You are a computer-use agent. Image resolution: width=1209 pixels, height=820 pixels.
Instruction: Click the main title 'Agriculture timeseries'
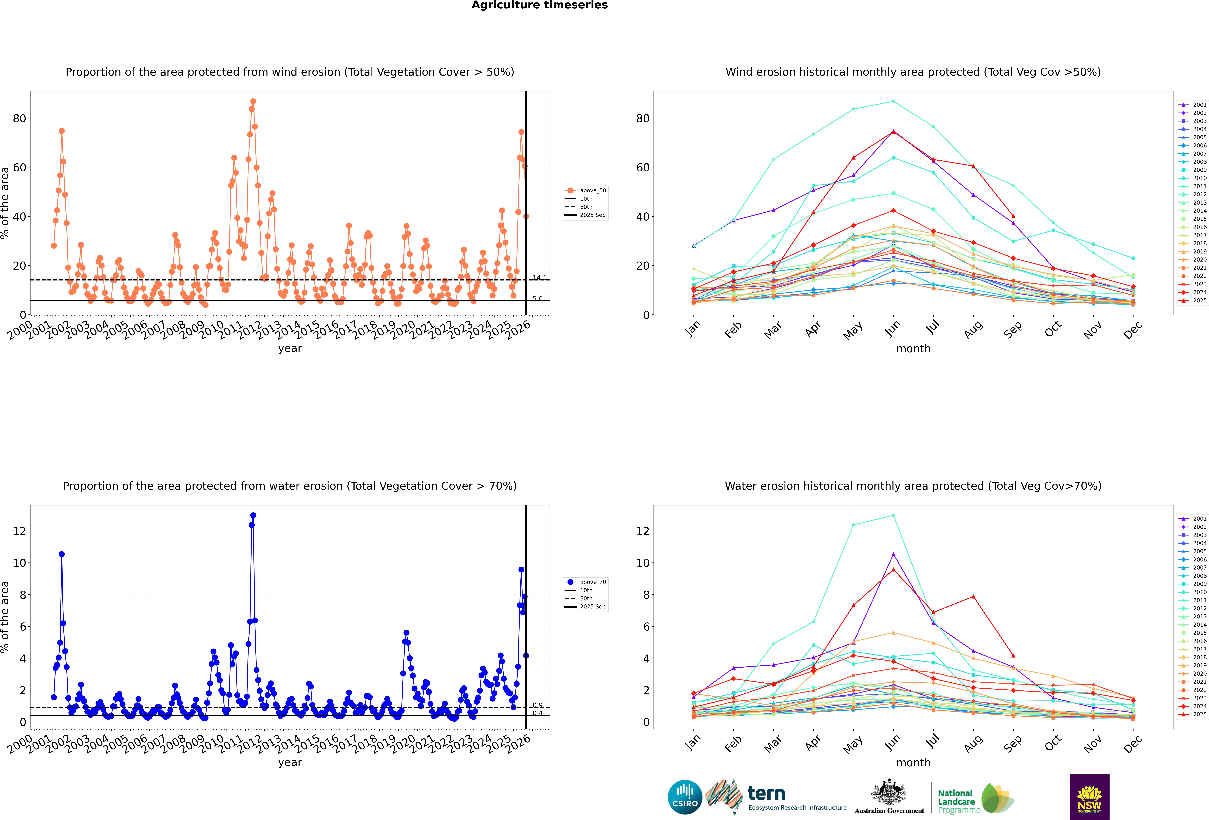tap(540, 5)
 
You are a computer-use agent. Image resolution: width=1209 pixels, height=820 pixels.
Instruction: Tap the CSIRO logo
tap(685, 797)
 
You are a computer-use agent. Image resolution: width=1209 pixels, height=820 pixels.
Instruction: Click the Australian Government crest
tap(889, 792)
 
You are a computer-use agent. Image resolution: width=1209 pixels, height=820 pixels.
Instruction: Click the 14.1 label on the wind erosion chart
tap(539, 278)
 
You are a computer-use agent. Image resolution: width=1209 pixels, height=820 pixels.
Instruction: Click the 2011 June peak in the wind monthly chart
tap(893, 101)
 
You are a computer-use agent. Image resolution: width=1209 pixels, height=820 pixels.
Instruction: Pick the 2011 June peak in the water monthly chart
tap(893, 515)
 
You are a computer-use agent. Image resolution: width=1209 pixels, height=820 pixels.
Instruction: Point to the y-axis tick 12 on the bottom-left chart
tap(19, 531)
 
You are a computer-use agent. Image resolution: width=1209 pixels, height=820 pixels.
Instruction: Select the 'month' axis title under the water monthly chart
tap(913, 763)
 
